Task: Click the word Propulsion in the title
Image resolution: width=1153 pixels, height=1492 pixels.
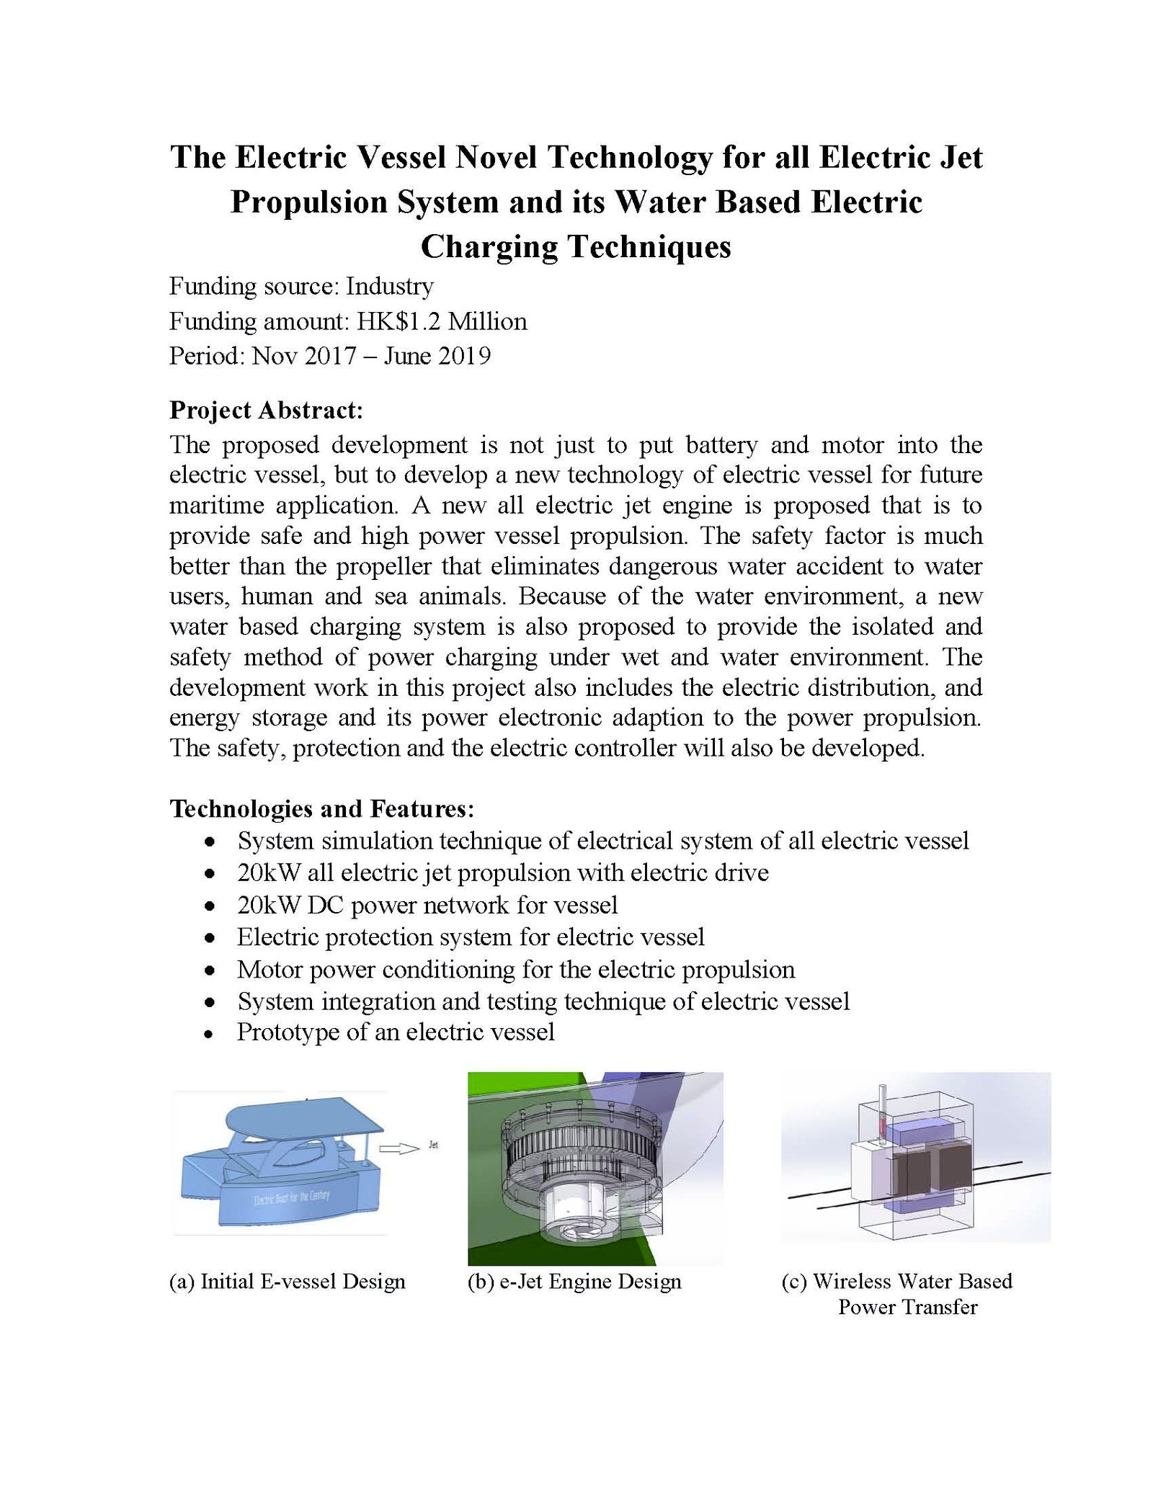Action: [308, 202]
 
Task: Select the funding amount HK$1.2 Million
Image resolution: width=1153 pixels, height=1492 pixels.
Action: [442, 321]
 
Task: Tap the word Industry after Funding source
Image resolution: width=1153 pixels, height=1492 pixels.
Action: [389, 287]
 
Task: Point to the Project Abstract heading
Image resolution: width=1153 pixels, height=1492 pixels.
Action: [266, 410]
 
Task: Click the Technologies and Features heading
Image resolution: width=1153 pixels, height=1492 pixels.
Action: [321, 808]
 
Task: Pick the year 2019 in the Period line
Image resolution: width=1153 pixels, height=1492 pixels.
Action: [464, 356]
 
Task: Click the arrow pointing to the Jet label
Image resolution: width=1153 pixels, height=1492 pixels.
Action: [399, 1149]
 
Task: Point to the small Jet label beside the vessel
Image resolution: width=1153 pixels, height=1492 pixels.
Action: [433, 1145]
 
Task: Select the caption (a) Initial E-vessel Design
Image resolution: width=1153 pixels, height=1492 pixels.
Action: [287, 1282]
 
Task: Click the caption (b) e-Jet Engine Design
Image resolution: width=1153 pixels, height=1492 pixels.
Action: [574, 1282]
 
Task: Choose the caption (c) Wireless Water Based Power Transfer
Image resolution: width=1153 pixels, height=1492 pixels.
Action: [897, 1294]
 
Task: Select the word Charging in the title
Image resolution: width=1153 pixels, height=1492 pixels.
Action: [487, 247]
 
